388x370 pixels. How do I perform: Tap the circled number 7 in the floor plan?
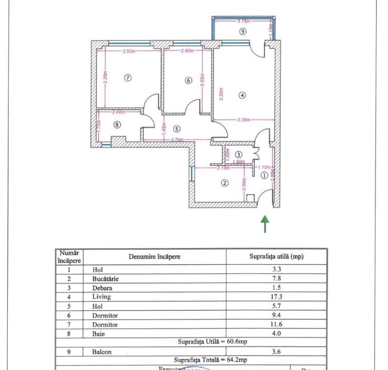127,78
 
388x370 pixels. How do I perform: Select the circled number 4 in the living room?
242,95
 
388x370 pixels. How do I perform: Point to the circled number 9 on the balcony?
242,31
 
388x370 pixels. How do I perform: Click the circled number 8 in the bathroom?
117,124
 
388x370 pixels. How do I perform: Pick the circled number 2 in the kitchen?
224,183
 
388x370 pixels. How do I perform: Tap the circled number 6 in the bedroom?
188,80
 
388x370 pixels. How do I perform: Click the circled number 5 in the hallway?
177,128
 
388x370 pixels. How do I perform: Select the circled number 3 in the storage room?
238,155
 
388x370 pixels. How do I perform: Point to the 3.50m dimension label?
129,51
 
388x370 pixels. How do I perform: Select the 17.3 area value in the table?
276,297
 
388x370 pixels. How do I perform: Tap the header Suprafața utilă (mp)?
276,257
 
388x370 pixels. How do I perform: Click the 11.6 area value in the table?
276,325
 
